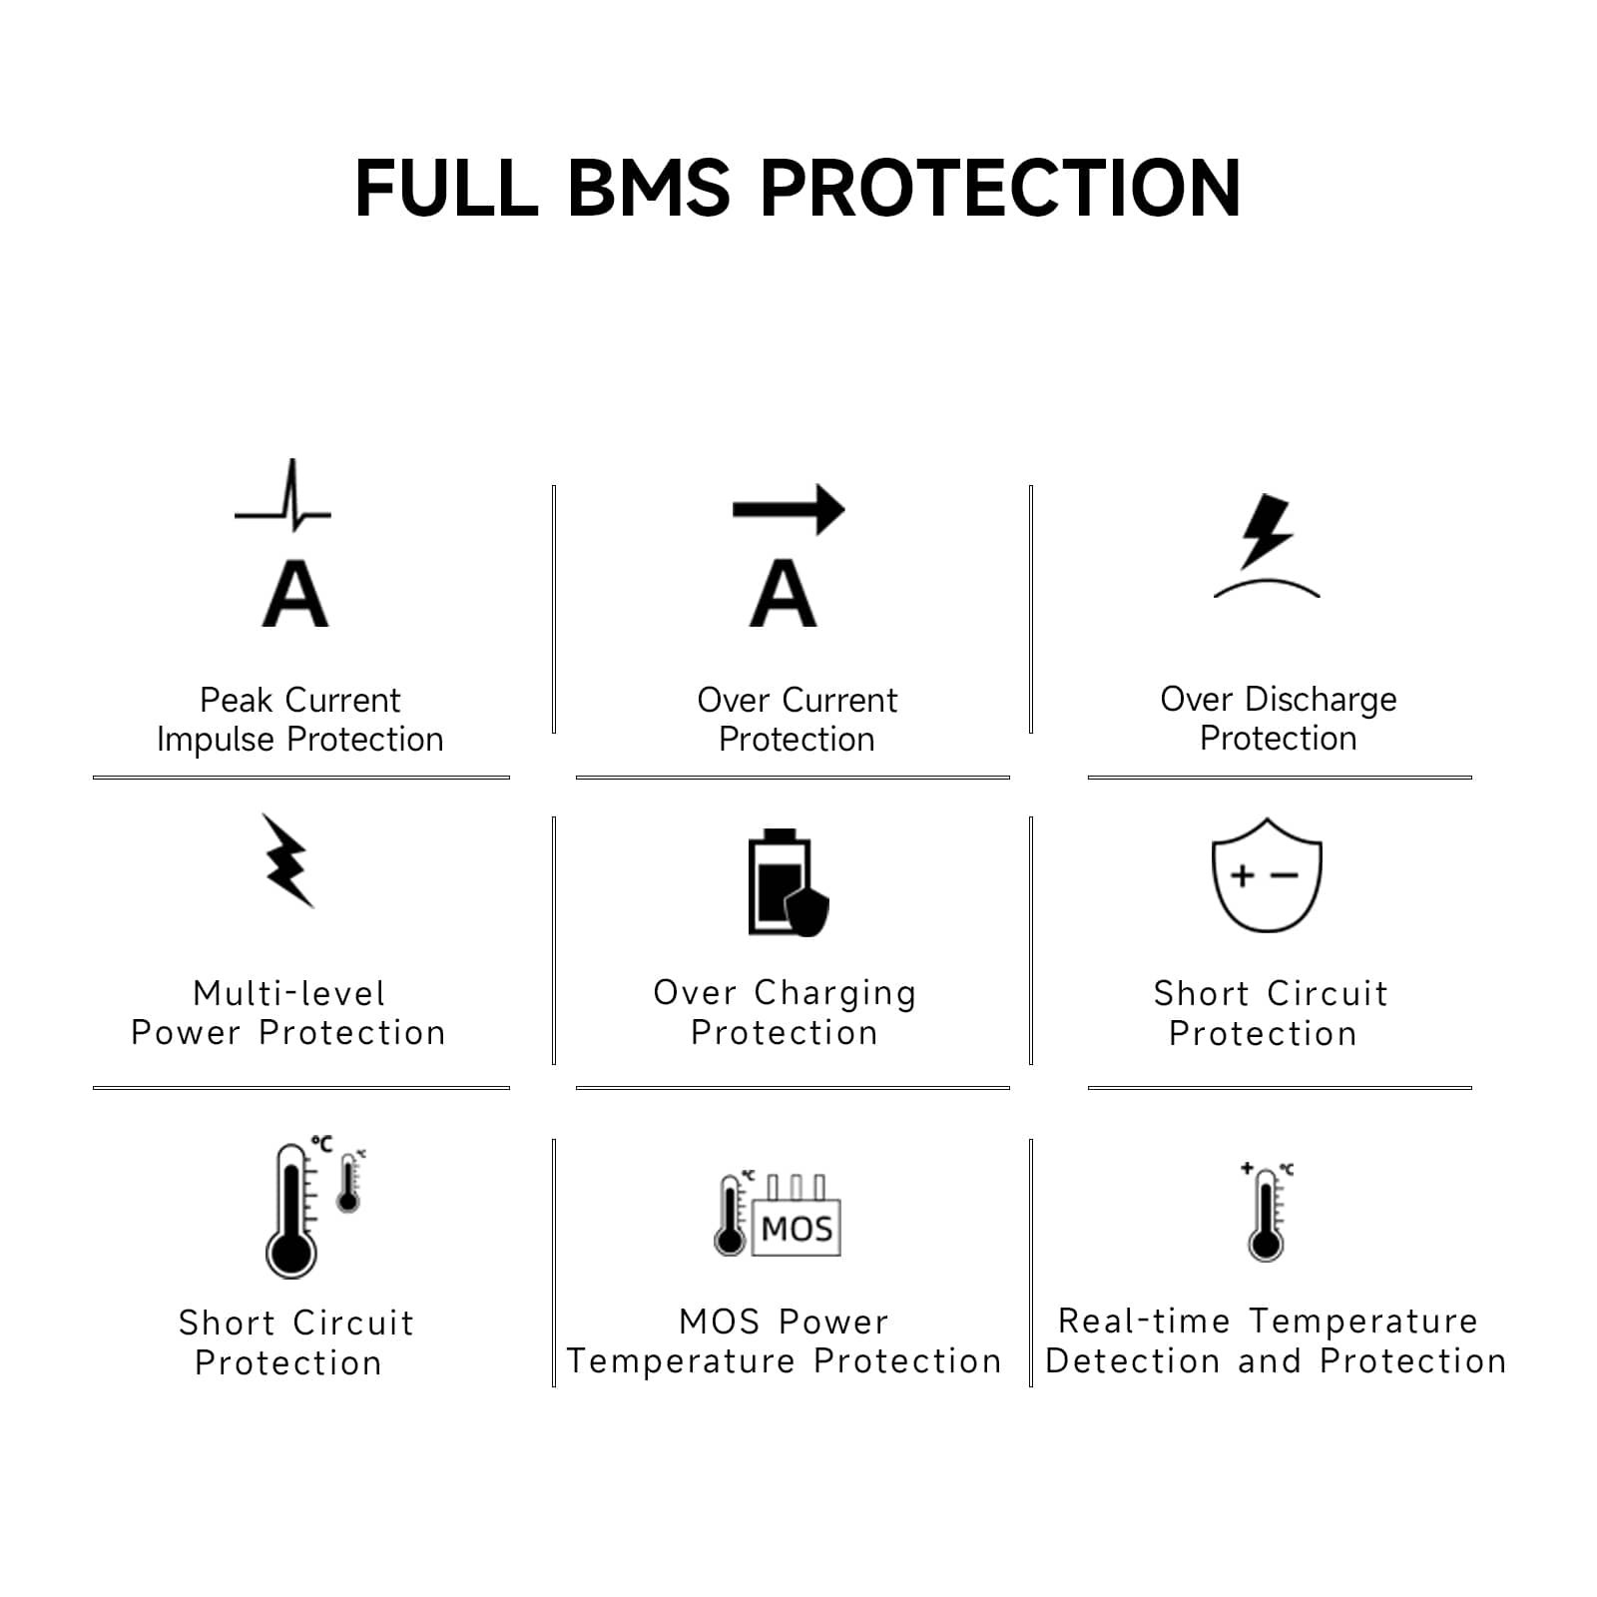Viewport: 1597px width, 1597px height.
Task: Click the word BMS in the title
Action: tap(649, 188)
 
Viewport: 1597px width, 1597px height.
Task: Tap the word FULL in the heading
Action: tap(447, 188)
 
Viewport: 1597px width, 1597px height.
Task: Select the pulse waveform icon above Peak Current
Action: tap(282, 495)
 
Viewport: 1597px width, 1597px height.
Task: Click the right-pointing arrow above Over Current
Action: tap(789, 510)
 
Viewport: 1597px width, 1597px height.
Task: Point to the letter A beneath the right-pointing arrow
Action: tap(784, 594)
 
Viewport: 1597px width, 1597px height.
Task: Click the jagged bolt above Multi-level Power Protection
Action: tap(287, 860)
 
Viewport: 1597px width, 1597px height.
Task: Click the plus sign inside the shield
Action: tap(1242, 875)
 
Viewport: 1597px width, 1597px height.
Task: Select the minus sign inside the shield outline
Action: tap(1285, 875)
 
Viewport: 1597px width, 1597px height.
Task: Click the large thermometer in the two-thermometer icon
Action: tap(291, 1211)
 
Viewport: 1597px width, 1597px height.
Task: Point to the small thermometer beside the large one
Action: tap(348, 1184)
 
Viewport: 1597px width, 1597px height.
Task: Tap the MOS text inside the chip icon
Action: tap(797, 1229)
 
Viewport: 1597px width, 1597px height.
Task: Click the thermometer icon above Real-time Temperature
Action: tap(1266, 1213)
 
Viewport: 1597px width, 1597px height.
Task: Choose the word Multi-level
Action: tap(289, 993)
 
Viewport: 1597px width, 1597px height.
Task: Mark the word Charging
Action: tap(835, 994)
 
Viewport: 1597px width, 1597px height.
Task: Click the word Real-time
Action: tap(1144, 1321)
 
